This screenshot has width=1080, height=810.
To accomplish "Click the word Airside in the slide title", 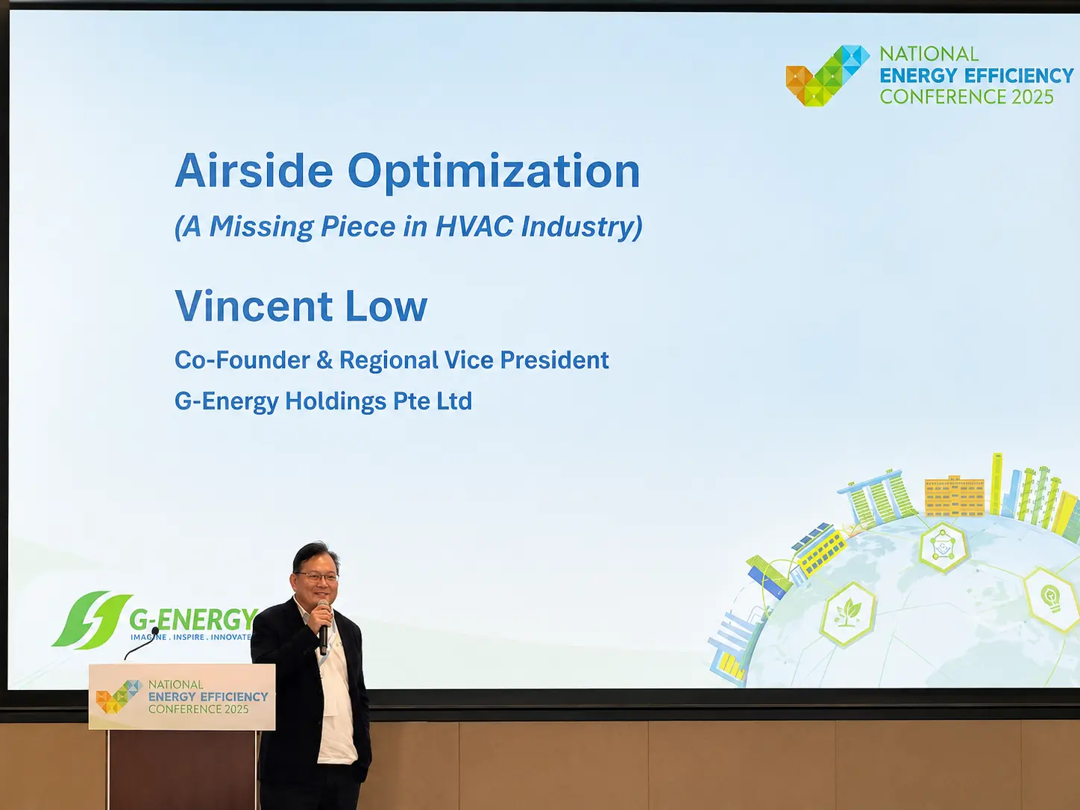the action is [254, 170].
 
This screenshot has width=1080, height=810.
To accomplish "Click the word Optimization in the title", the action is [494, 172].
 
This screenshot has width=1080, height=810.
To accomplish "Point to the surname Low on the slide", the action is [386, 306].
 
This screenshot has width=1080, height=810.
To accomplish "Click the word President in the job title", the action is [554, 360].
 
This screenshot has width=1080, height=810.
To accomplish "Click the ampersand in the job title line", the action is [324, 360].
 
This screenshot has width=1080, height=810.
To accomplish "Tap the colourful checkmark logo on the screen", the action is [828, 76].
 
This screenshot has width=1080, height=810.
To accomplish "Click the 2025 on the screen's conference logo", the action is [1032, 96].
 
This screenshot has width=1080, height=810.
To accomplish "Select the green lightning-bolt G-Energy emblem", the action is [92, 620].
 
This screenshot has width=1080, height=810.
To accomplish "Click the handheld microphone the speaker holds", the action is [323, 627].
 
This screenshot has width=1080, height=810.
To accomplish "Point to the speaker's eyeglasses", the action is [317, 577].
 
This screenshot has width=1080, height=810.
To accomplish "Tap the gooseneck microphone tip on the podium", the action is [155, 630].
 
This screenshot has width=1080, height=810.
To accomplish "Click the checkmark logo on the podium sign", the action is [119, 697].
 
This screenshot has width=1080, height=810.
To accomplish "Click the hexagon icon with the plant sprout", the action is [848, 614].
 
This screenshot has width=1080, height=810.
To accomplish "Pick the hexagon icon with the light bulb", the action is [1052, 599].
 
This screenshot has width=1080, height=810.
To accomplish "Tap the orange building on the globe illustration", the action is [955, 496].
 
